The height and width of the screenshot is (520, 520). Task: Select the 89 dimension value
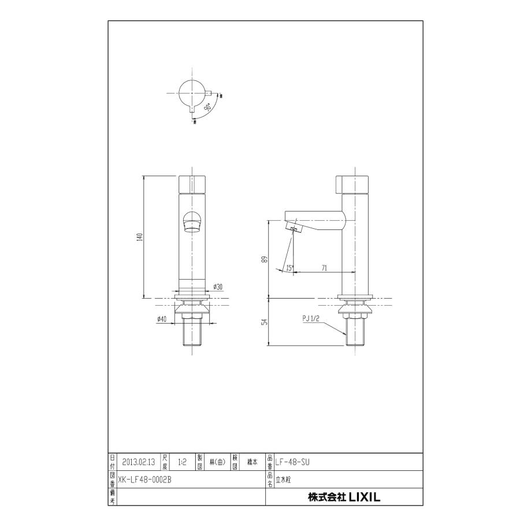(x=264, y=259)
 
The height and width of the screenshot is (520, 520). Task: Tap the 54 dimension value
(x=264, y=322)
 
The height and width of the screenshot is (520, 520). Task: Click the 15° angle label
(x=289, y=268)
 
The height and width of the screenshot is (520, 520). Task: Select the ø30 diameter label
(x=218, y=287)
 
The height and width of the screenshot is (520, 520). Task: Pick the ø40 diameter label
(x=162, y=320)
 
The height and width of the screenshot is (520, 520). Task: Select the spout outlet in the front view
(x=192, y=222)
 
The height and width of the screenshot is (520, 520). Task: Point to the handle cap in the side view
(x=353, y=183)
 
